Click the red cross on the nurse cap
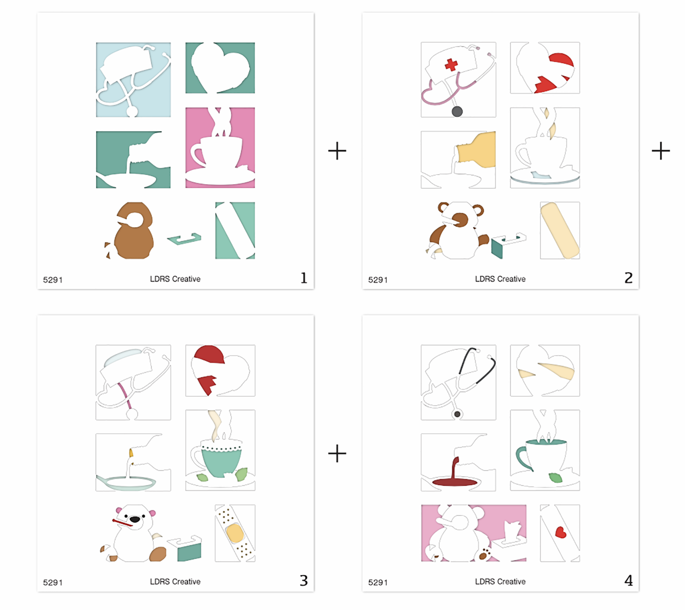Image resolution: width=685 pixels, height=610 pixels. [451, 65]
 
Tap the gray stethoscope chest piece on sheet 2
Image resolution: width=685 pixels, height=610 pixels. [457, 111]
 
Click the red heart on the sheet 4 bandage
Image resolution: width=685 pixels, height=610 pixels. [561, 532]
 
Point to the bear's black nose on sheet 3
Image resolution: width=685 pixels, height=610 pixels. [135, 519]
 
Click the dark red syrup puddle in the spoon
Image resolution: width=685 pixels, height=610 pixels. [455, 482]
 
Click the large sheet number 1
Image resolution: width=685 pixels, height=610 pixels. [304, 278]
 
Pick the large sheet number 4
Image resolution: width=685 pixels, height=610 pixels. [629, 580]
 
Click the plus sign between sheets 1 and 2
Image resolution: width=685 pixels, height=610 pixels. [337, 151]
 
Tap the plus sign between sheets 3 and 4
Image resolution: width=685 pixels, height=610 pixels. [337, 453]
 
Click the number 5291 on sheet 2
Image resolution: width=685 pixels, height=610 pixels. [378, 280]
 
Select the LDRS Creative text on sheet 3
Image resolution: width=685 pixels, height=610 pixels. [175, 581]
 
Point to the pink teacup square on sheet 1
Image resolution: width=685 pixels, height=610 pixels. [220, 148]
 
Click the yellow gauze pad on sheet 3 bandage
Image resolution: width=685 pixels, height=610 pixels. [235, 533]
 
